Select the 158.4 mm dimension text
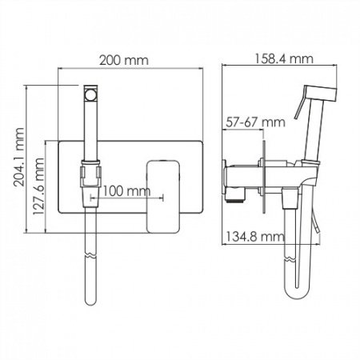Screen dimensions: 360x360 (x=278, y=58)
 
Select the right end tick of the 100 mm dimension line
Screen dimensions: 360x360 (x=164, y=191)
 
